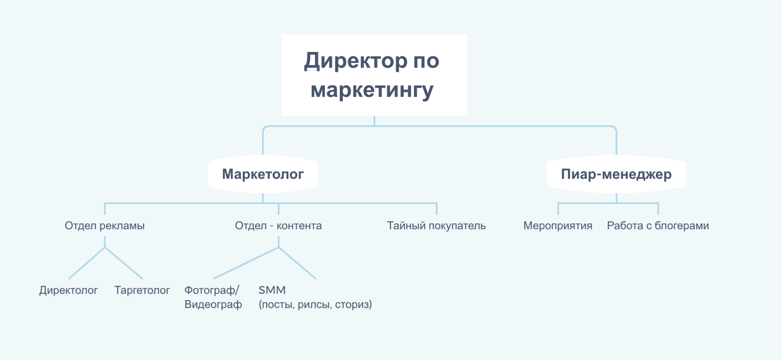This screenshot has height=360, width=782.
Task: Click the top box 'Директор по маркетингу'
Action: tap(374, 75)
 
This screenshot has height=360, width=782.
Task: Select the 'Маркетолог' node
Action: tap(263, 174)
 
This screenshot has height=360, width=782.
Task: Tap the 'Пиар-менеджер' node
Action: tap(616, 174)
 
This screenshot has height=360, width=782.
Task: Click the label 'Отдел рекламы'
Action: tap(104, 225)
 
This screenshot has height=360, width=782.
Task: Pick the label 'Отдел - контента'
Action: tap(278, 225)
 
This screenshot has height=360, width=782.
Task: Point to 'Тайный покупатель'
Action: tap(437, 225)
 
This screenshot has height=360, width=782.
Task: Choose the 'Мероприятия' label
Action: tap(558, 225)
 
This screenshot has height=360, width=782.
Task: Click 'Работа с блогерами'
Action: tap(658, 225)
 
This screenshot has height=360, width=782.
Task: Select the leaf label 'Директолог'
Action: tap(68, 290)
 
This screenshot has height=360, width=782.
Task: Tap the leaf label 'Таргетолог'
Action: tap(142, 290)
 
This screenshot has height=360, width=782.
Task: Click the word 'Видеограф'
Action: tap(213, 305)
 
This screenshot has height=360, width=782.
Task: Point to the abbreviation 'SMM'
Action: tap(272, 290)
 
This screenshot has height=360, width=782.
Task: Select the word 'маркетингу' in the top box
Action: tap(372, 90)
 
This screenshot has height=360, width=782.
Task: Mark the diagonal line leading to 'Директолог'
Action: tap(87, 263)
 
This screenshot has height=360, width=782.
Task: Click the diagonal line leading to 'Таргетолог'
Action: tap(124, 263)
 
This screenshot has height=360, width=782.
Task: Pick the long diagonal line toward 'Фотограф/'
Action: tap(246, 263)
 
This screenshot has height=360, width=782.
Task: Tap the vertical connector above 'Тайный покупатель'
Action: tap(437, 209)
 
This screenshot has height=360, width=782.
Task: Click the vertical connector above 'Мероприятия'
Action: tap(558, 209)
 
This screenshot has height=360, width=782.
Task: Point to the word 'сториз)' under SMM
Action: tap(353, 305)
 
